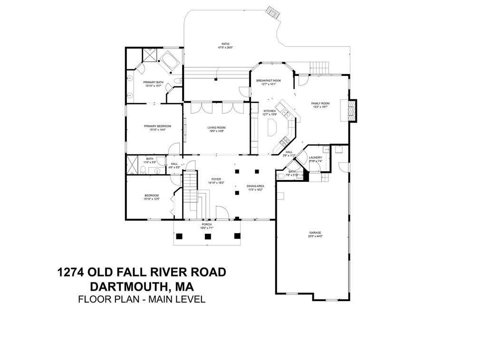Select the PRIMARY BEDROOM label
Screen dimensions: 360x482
157,126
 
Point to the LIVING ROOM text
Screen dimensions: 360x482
216,127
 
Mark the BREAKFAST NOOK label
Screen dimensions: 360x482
269,80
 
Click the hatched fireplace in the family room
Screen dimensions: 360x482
352,110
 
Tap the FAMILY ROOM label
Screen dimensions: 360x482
320,103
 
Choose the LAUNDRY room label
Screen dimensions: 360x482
315,158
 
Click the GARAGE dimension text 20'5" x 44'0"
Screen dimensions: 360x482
315,237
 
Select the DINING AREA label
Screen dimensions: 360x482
255,186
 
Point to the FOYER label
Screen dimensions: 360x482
216,180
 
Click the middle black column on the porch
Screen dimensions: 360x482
207,236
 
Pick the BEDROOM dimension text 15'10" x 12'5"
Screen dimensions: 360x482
152,199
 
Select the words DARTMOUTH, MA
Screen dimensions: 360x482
141,286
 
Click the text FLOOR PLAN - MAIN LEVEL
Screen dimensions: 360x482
141,299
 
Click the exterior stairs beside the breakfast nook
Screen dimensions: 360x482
320,67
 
